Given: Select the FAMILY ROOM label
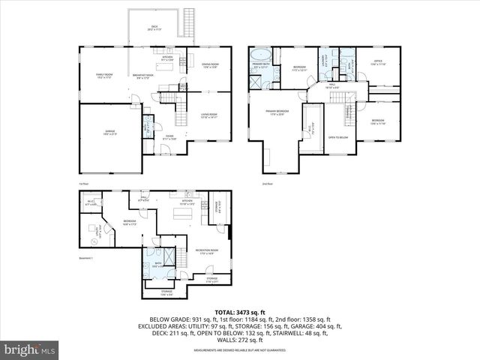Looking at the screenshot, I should pyautogui.click(x=103, y=76).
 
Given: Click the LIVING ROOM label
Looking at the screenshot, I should pyautogui.click(x=209, y=116).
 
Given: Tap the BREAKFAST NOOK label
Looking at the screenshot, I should pyautogui.click(x=143, y=76).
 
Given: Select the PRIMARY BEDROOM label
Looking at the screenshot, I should pyautogui.click(x=277, y=112).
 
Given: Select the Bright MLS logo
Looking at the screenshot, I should pyautogui.click(x=30, y=349).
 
